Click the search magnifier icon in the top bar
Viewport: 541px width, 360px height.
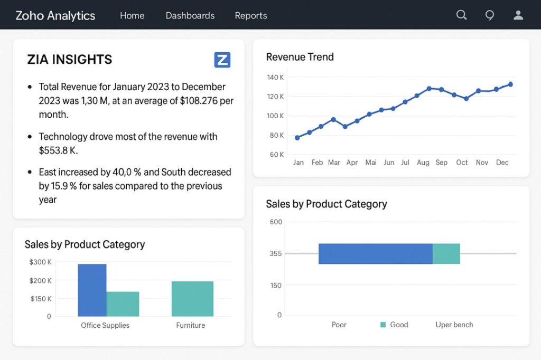(461, 15)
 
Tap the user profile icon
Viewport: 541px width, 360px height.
(518, 15)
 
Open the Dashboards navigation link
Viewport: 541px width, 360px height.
(190, 16)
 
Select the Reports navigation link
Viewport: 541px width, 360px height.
(251, 16)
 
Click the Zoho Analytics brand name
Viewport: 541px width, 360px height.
(55, 16)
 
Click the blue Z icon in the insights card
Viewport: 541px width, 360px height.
(222, 60)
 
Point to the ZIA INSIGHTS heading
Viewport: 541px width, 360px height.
(70, 60)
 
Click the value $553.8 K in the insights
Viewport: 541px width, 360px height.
(58, 150)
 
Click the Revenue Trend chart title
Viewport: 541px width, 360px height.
(300, 57)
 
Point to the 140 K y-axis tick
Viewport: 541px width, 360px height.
(275, 78)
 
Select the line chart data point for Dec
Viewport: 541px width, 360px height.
(510, 84)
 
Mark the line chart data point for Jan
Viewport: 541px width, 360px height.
(297, 138)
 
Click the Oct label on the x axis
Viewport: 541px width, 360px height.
(462, 163)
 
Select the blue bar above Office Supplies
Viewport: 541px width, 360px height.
(92, 290)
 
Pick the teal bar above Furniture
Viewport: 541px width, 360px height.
(192, 299)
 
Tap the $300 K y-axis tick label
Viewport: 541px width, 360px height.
(40, 262)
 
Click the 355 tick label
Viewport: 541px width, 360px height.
(276, 254)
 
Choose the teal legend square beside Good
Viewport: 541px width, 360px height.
(383, 325)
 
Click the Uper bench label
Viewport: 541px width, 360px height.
(454, 325)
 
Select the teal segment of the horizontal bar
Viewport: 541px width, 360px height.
(446, 254)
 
